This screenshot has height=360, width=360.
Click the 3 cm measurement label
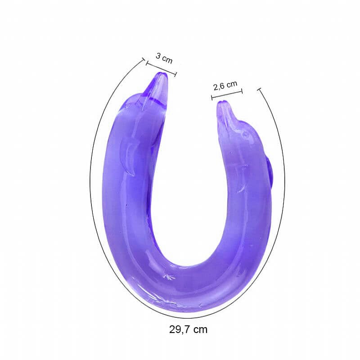tap(164, 58)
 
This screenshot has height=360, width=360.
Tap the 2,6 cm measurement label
tap(225, 85)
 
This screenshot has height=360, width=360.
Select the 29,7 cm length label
tap(188, 329)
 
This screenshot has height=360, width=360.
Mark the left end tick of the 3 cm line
tap(146, 63)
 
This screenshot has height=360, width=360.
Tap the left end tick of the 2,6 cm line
tap(212, 97)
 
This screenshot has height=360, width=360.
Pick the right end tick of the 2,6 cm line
tap(242, 91)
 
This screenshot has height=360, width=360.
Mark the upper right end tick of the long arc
tap(259, 90)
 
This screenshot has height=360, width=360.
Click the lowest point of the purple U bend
tap(189, 310)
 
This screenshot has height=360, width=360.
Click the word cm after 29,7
tap(200, 329)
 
